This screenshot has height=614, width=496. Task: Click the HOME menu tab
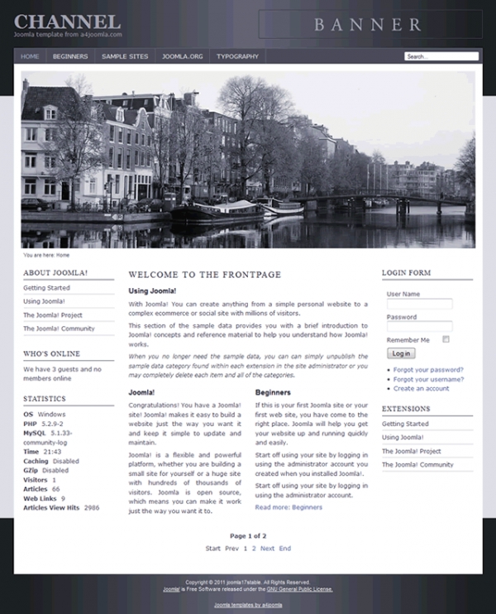(x=30, y=56)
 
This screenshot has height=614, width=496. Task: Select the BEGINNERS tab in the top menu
(x=70, y=56)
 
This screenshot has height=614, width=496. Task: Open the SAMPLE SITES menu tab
(x=125, y=56)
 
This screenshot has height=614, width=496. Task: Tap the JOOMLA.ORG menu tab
(x=183, y=56)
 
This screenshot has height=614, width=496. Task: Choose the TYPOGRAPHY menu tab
(x=238, y=56)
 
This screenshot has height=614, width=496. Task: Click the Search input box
(x=441, y=56)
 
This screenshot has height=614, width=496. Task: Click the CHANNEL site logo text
(x=68, y=22)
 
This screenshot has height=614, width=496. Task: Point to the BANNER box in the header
(x=368, y=24)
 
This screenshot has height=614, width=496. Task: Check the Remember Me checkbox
(x=446, y=339)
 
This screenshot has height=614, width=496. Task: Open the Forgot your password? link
(x=428, y=370)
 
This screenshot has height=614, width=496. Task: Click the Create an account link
(x=421, y=388)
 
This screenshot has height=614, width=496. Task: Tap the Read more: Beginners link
(x=289, y=506)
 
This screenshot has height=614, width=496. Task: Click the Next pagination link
(x=267, y=549)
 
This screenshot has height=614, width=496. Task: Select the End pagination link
(x=284, y=549)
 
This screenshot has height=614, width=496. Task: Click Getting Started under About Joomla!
(x=46, y=288)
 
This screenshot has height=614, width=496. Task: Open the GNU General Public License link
(x=298, y=589)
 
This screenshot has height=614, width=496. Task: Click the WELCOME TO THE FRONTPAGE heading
(x=205, y=274)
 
